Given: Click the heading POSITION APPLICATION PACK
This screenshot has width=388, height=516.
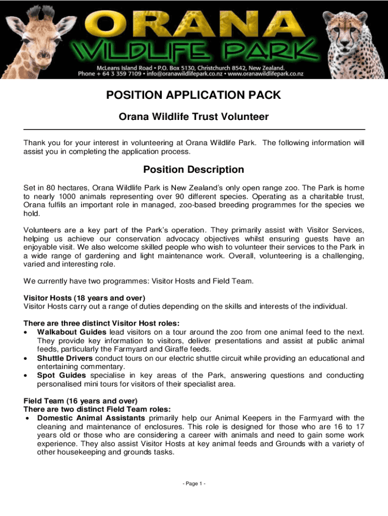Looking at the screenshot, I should click(193, 95).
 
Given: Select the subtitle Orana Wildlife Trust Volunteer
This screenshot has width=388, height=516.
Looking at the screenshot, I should click(193, 117).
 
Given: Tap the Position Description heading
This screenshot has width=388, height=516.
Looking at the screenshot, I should click(193, 169).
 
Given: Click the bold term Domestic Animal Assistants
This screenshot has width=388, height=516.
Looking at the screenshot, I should click(91, 418).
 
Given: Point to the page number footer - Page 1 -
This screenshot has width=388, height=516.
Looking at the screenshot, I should click(193, 484).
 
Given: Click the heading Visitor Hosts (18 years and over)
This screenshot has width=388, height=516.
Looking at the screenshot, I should click(84, 298).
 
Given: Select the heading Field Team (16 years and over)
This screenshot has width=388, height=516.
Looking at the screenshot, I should click(81, 401).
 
